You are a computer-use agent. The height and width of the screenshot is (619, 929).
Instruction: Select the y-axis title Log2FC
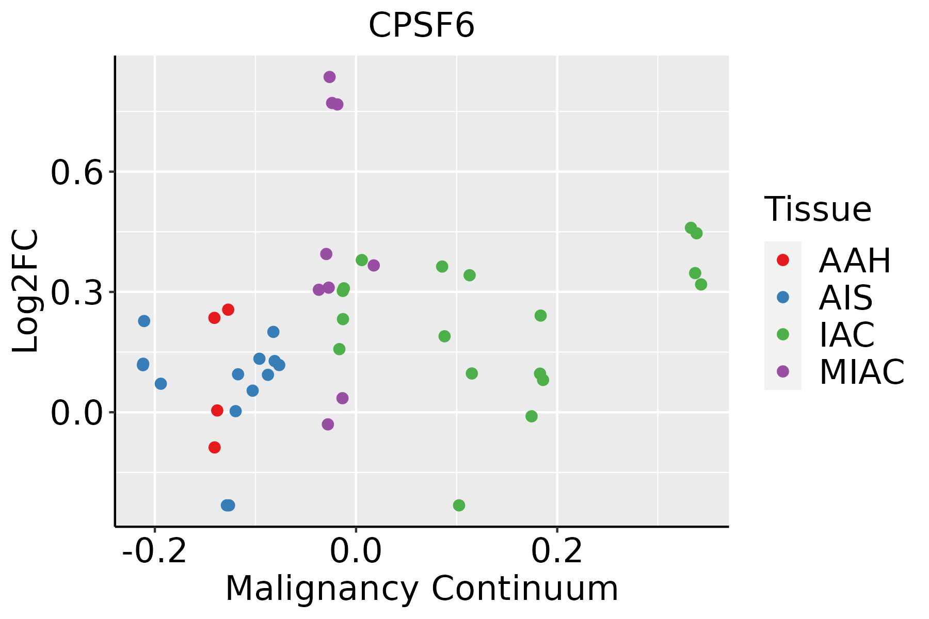click(26, 291)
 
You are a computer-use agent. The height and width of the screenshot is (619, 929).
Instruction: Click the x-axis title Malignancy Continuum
click(421, 589)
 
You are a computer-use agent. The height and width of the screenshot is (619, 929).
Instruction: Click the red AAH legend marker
click(782, 260)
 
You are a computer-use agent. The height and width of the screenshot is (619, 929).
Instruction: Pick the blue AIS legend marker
click(782, 297)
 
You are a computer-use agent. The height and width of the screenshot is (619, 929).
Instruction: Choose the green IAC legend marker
click(782, 334)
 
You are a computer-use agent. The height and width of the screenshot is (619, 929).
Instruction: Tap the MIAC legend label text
click(861, 371)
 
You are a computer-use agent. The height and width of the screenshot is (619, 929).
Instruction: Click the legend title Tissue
click(818, 209)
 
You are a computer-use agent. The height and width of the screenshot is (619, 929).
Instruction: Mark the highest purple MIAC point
click(329, 77)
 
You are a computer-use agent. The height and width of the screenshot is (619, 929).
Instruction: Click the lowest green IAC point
click(459, 505)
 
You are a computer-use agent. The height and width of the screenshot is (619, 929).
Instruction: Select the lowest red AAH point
click(215, 447)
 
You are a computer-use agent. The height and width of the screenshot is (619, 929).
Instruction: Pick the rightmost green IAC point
click(701, 284)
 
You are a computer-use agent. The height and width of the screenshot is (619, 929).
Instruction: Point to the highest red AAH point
click(228, 309)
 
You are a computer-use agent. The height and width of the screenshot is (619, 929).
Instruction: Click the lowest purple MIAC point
click(328, 425)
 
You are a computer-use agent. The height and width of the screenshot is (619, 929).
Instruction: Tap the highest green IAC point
click(691, 228)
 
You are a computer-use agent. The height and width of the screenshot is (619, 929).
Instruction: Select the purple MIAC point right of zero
click(374, 266)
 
